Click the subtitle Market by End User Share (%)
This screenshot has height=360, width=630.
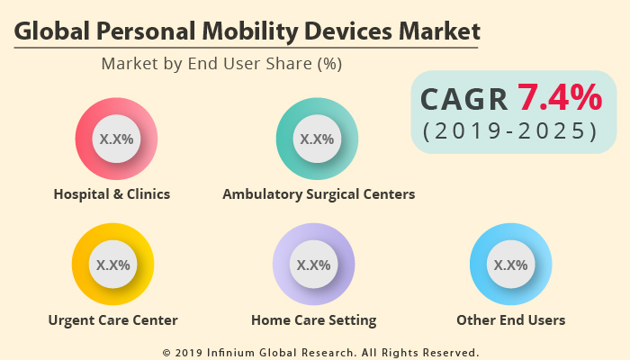click(221, 64)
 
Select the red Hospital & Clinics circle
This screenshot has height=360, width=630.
click(116, 139)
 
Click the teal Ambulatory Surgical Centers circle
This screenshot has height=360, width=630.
click(317, 139)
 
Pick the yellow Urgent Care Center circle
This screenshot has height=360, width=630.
click(112, 265)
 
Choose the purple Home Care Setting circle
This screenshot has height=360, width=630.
click(313, 265)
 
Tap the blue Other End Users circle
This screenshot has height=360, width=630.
click(511, 265)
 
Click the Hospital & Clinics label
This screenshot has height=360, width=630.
click(112, 193)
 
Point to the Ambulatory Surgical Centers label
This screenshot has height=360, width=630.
click(319, 193)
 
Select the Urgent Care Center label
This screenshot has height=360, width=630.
click(112, 319)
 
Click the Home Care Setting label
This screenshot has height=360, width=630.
click(313, 319)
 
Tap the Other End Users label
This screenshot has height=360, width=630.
click(510, 319)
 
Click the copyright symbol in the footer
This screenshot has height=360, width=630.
click(166, 352)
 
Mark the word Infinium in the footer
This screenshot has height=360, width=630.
click(235, 352)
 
